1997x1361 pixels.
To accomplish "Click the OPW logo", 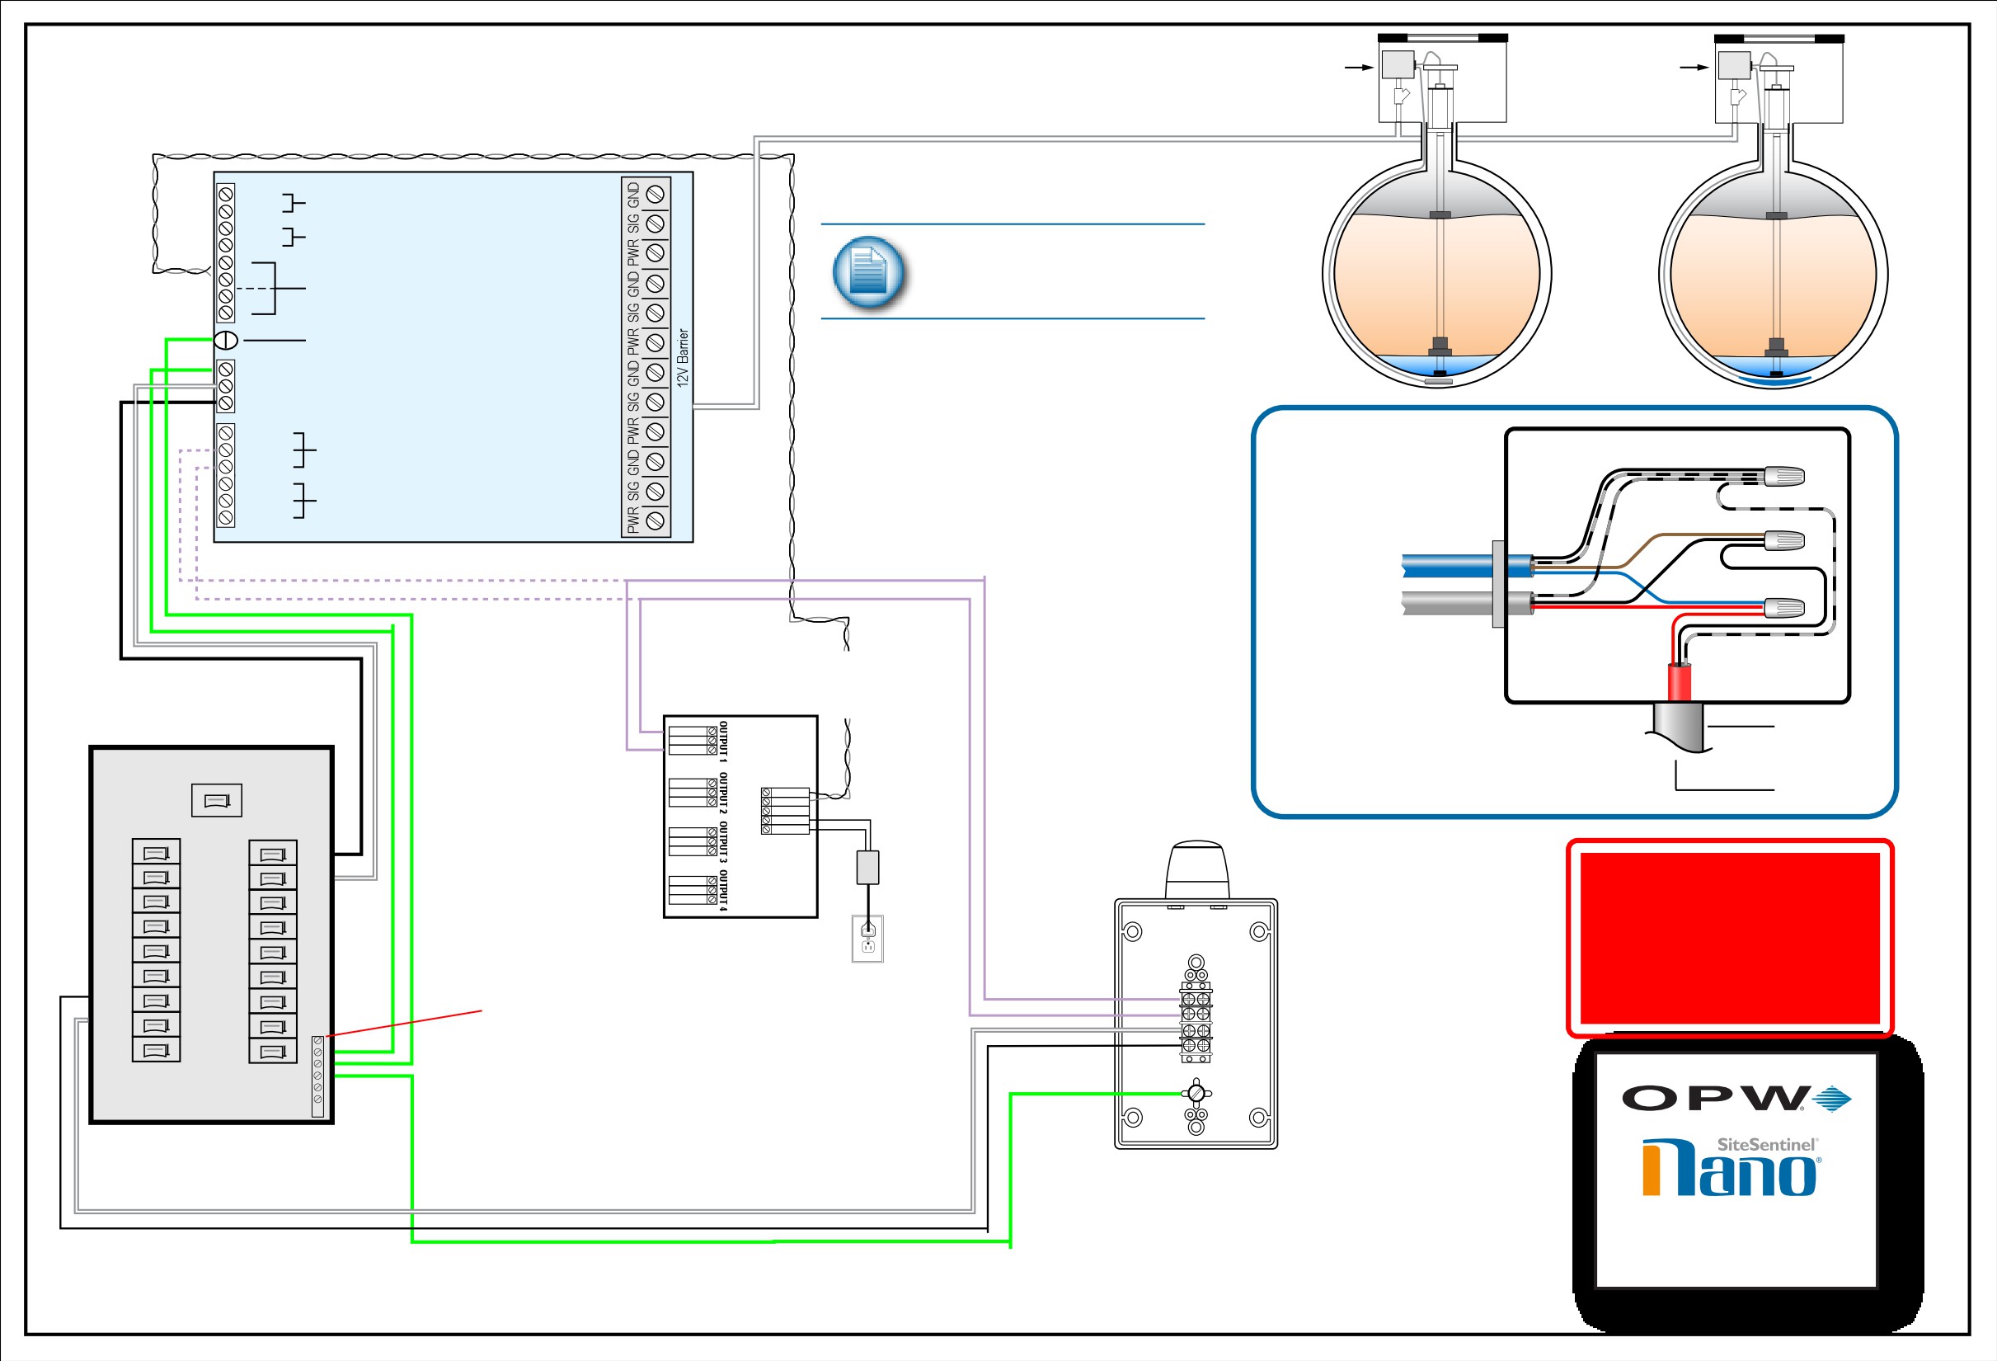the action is point(1736,1099).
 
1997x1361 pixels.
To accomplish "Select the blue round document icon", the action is point(868,271).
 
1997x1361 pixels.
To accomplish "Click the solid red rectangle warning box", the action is point(1730,938).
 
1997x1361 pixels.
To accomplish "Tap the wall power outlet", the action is point(868,939).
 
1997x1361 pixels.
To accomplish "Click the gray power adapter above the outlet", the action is point(868,868).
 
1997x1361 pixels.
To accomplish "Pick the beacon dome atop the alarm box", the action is point(1197,870).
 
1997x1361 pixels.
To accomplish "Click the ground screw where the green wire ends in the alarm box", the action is point(1196,1094).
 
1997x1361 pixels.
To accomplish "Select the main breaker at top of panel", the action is point(217,800).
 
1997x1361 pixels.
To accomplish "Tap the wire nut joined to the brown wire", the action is point(1784,541).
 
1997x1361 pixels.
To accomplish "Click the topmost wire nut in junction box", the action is point(1784,475).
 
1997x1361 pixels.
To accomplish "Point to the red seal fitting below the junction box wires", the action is point(1680,682).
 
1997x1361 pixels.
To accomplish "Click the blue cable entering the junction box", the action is point(1467,566).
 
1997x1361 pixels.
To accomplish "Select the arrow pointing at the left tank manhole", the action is point(1360,67).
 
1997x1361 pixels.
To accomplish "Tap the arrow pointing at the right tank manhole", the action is point(1694,67).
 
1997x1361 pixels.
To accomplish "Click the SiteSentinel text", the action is point(1766,1144).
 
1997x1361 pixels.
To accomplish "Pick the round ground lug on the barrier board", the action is point(225,341).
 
